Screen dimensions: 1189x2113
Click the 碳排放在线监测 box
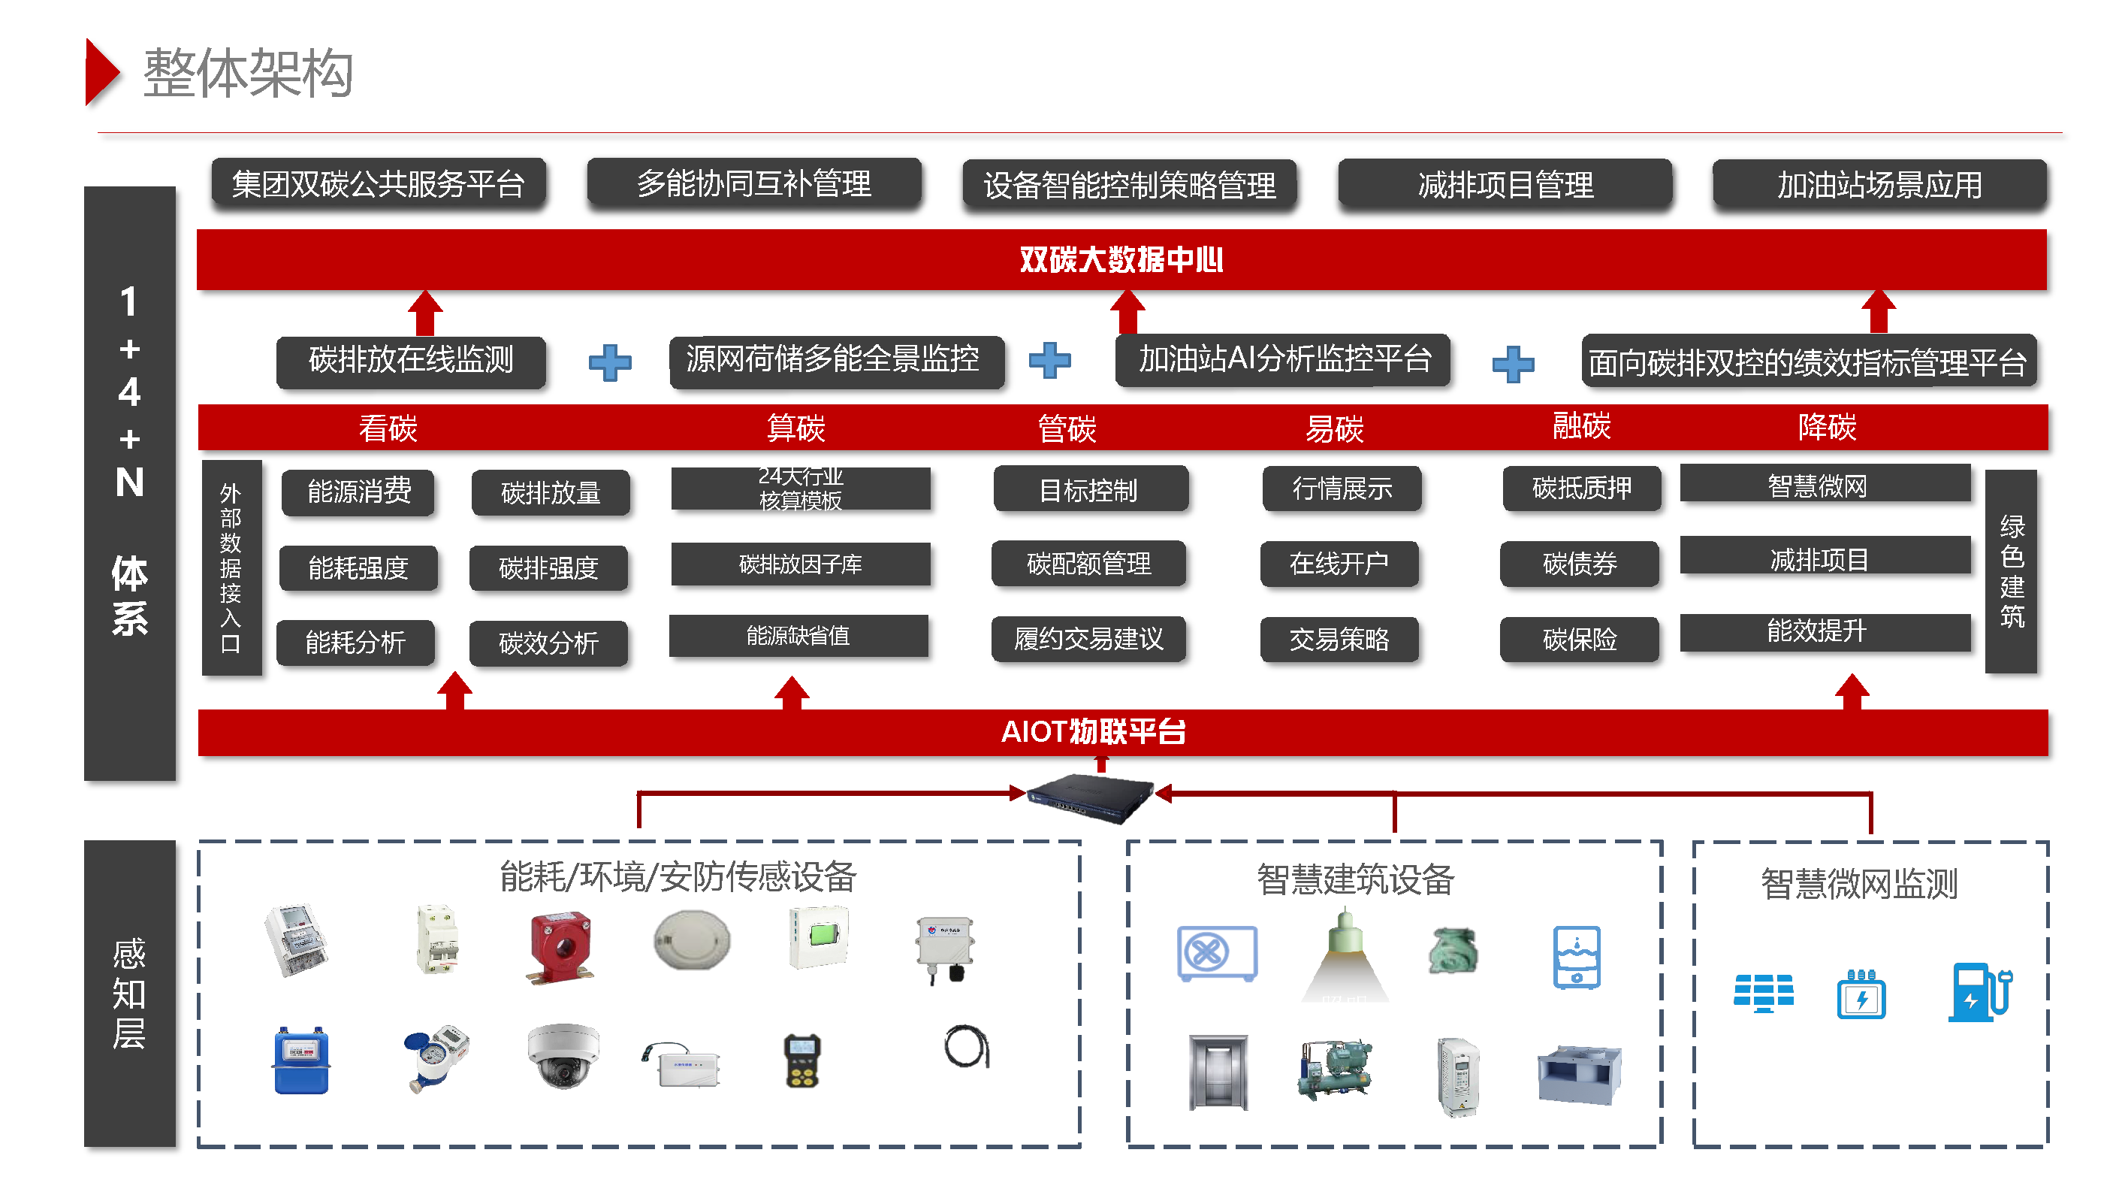(x=410, y=361)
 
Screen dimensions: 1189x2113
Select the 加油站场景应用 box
(x=1879, y=185)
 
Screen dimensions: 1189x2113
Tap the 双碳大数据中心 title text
(x=1121, y=260)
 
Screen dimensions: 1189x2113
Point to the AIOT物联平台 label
(x=1094, y=731)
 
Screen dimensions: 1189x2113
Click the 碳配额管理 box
(x=1088, y=564)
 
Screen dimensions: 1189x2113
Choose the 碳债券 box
(x=1579, y=564)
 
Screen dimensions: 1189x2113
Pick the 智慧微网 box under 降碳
(x=1825, y=486)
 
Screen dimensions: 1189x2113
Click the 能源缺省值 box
(x=798, y=636)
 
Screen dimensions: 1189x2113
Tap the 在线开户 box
(x=1339, y=564)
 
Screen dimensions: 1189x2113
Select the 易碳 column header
(x=1335, y=428)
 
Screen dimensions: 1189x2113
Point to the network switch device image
(x=1091, y=796)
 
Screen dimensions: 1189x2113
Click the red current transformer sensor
(x=560, y=946)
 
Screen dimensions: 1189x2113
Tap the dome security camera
(x=563, y=1055)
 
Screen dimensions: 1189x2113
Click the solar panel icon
(x=1764, y=993)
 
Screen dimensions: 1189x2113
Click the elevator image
(x=1218, y=1072)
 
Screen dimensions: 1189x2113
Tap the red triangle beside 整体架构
(x=101, y=72)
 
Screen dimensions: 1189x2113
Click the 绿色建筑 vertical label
(x=2012, y=571)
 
